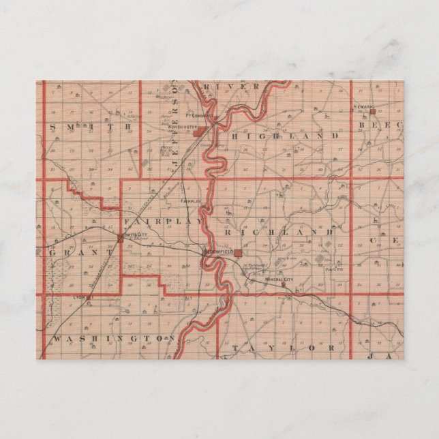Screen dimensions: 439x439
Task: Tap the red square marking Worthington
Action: (196, 134)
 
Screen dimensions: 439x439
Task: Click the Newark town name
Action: (364, 107)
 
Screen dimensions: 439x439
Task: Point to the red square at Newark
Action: (372, 110)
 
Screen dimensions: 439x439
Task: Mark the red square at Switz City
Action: (121, 238)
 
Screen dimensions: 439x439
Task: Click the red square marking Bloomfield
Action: (237, 252)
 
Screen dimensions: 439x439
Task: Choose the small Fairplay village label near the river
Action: (191, 202)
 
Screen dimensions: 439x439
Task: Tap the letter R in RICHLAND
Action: (228, 232)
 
